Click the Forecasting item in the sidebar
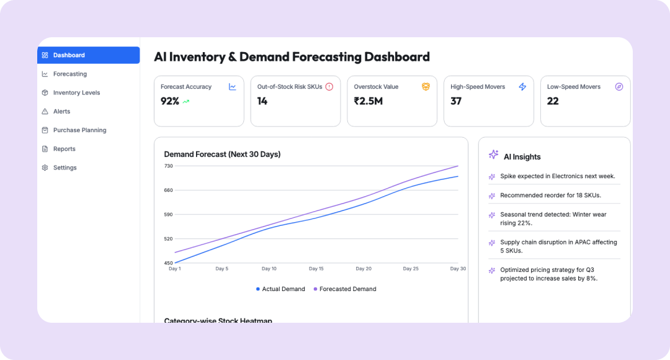69,74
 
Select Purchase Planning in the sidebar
79,130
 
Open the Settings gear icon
45,168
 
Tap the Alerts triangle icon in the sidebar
45,112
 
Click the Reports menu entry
64,149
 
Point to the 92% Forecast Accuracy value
169,101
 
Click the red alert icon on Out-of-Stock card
329,87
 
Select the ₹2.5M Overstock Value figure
368,101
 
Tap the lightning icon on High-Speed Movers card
522,87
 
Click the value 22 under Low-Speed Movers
553,101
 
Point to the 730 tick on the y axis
168,166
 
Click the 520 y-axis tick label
168,238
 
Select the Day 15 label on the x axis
316,269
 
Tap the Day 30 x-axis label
458,269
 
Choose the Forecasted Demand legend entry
347,289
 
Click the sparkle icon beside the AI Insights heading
493,155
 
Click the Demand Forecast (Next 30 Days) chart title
222,154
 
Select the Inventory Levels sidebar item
76,92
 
